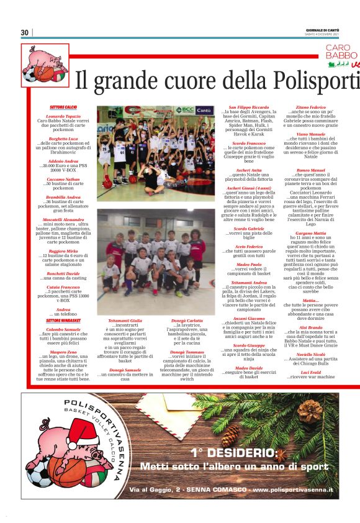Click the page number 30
pos(25,32)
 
